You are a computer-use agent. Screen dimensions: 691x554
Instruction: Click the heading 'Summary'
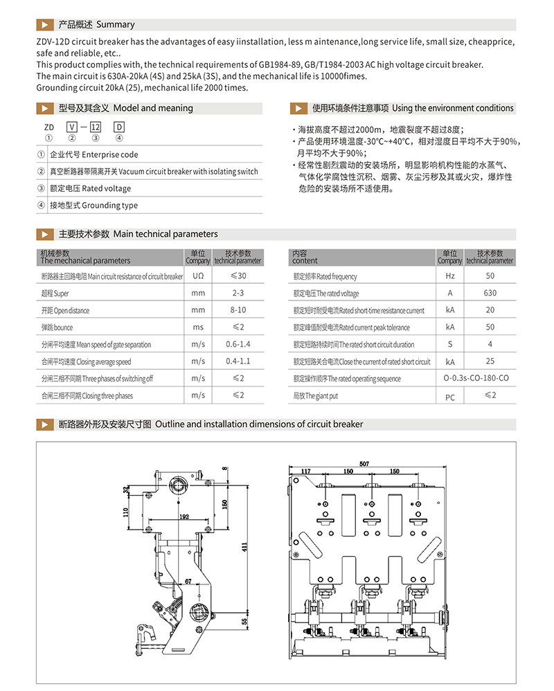point(115,24)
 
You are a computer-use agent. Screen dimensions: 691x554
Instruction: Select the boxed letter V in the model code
point(71,127)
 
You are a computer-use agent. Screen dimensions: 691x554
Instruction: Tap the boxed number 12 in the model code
point(96,127)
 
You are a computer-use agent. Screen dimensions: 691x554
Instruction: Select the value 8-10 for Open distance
point(238,310)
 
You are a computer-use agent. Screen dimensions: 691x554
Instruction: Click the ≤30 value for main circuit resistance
point(238,276)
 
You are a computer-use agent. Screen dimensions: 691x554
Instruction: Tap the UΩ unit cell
point(198,276)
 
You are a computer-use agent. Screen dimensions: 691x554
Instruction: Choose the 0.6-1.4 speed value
point(238,344)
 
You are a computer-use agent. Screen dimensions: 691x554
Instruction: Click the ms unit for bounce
point(198,327)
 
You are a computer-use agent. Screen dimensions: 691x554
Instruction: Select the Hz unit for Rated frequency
point(450,276)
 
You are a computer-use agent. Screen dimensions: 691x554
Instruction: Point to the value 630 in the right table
point(490,294)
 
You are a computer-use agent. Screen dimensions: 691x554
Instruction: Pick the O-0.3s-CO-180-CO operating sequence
point(476,379)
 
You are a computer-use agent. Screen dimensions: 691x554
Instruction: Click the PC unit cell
point(450,397)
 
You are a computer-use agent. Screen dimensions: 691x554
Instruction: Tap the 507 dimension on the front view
point(364,463)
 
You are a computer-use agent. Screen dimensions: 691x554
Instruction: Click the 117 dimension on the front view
point(305,472)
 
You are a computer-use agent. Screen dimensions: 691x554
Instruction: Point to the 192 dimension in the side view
point(184,517)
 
